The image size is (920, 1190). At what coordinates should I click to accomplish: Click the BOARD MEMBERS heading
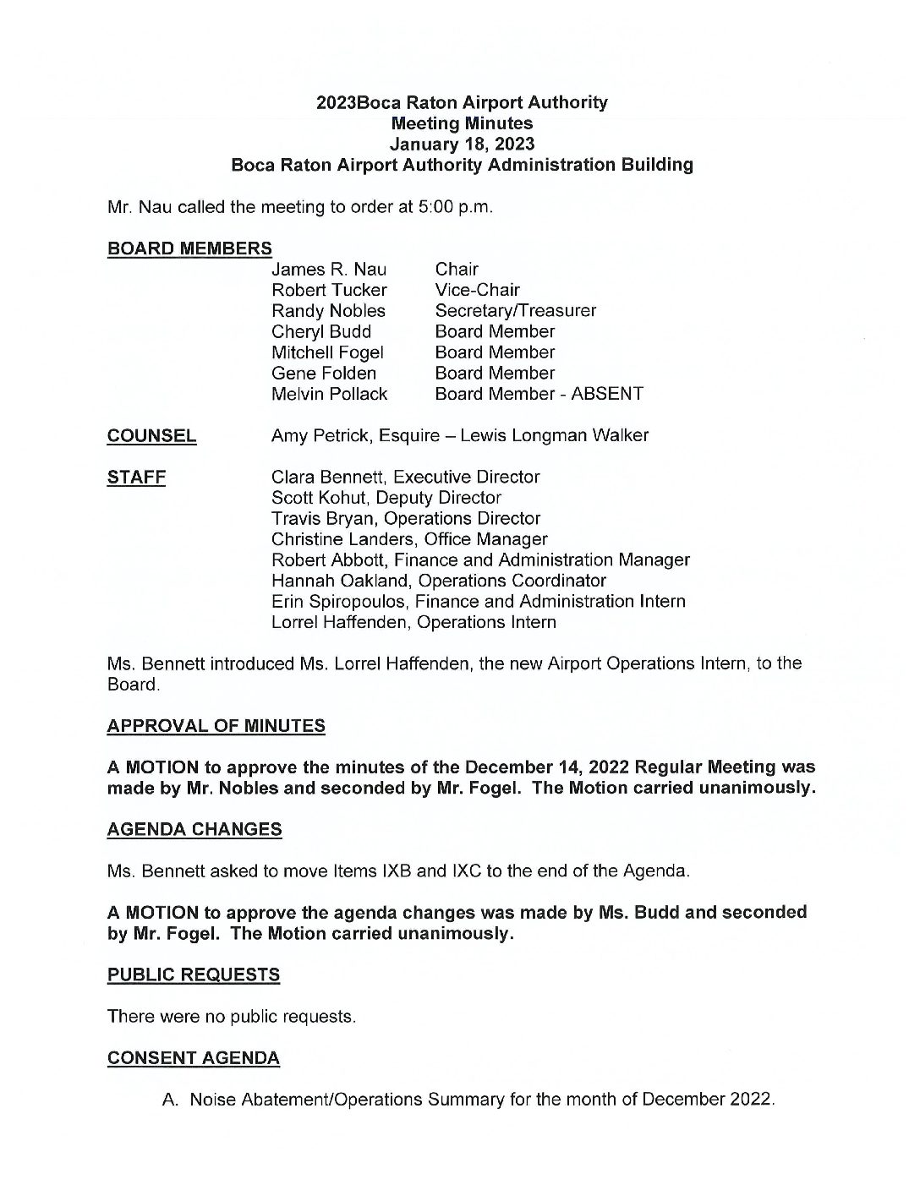tap(189, 248)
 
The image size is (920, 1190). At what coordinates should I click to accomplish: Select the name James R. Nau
tap(328, 270)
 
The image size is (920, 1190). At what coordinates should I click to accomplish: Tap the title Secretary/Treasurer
tap(515, 311)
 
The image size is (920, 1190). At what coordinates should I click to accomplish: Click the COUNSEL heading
tap(151, 436)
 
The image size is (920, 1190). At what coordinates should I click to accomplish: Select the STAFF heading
tap(136, 478)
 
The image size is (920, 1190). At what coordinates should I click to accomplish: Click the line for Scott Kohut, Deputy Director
tap(386, 498)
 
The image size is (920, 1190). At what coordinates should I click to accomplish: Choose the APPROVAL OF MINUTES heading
tap(216, 726)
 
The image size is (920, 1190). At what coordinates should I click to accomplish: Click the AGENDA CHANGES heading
tap(194, 830)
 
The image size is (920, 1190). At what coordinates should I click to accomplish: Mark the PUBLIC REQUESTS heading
tap(193, 975)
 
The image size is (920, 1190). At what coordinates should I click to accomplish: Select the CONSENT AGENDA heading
tap(193, 1058)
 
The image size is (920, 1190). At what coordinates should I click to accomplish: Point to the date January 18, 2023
tap(462, 144)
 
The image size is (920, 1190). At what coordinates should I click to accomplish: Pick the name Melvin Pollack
tap(329, 394)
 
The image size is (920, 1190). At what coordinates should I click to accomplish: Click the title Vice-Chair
tap(477, 290)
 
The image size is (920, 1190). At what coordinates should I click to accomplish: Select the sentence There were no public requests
tap(232, 1017)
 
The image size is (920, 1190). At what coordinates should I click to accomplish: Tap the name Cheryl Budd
tap(320, 331)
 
